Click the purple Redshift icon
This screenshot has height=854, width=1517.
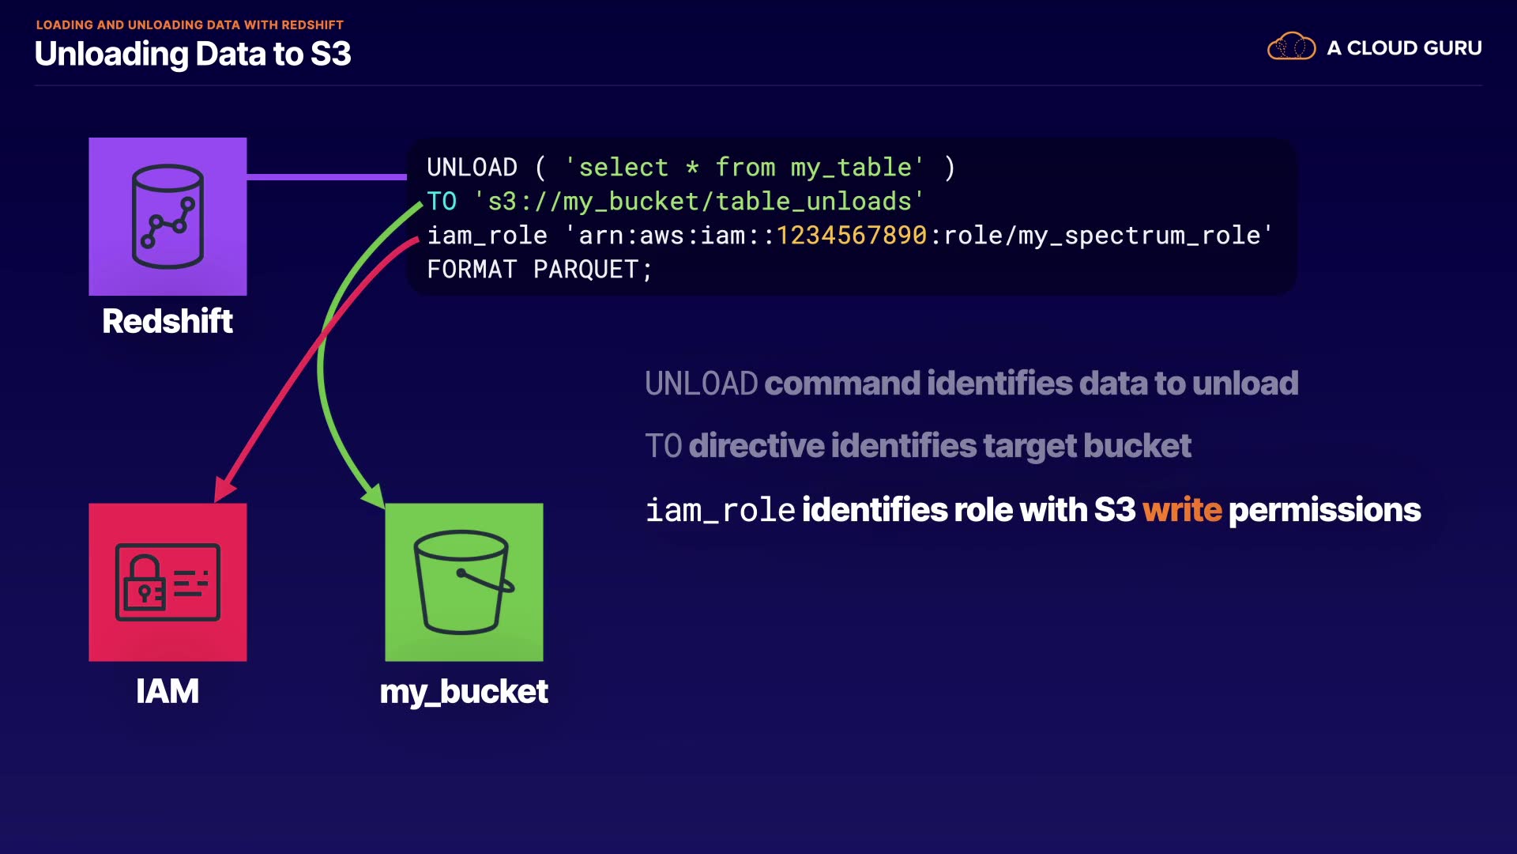[x=168, y=216]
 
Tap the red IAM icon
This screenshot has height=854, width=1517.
[x=168, y=582]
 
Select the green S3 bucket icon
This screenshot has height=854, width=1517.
[x=464, y=582]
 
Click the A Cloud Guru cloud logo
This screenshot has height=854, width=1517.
[x=1291, y=47]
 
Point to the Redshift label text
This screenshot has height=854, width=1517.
[x=168, y=322]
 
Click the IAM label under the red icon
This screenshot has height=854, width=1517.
[x=168, y=692]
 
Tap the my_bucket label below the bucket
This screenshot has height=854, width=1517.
[x=464, y=692]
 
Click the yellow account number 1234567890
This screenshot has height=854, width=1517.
[x=851, y=236]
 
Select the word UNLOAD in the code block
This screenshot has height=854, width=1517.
[x=472, y=168]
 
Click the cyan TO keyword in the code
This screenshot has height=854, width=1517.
[x=442, y=202]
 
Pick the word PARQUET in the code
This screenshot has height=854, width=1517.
[x=585, y=270]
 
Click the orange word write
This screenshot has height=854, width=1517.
[x=1181, y=510]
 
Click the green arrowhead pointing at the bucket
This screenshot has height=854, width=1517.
[x=375, y=497]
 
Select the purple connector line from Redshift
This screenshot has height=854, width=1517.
[x=326, y=176]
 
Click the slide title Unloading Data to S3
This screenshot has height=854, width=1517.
[x=193, y=54]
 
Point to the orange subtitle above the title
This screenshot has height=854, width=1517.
[x=190, y=25]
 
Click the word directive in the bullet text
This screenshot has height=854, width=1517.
[x=756, y=446]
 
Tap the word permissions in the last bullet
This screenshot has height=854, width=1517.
[x=1324, y=510]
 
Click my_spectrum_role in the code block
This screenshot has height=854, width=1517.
[x=1139, y=236]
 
